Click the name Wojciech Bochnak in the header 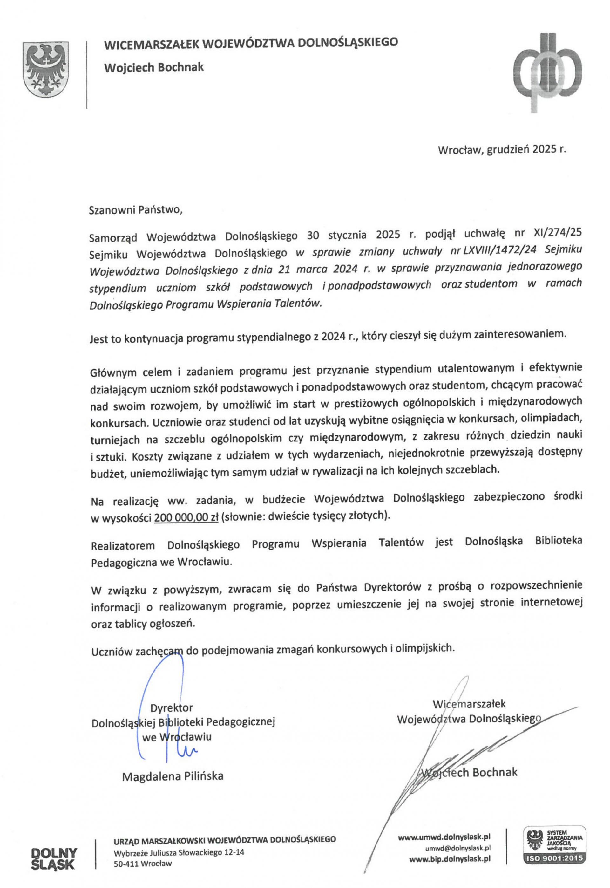point(154,68)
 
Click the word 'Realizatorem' point(123,545)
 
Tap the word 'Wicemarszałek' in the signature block point(469,704)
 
